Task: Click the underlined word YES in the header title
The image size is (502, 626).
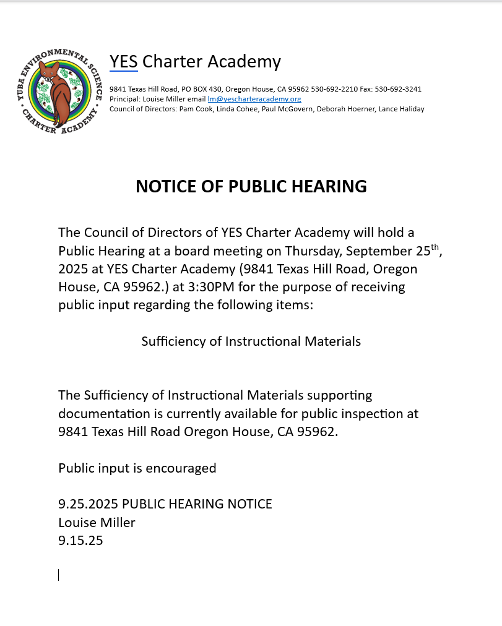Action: click(124, 62)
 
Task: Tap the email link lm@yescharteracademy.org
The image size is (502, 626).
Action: click(254, 99)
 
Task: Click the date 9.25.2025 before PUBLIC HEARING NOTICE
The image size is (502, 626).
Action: click(83, 504)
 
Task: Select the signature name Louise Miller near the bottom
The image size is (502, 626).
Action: click(97, 523)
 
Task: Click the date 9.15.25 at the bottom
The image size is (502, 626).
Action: click(80, 541)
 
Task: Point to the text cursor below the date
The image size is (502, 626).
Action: click(59, 575)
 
